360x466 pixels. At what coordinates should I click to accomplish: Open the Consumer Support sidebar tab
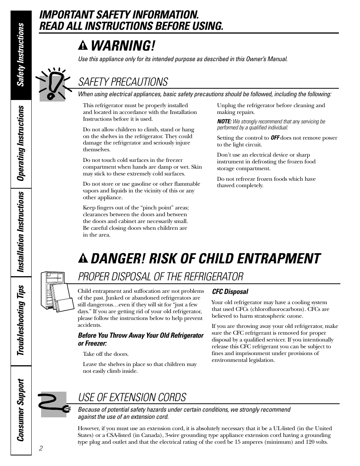click(x=21, y=410)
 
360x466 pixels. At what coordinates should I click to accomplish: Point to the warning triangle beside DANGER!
click(x=83, y=258)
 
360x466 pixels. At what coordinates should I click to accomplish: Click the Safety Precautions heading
click(x=123, y=82)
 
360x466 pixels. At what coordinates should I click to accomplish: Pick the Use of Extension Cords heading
click(x=132, y=397)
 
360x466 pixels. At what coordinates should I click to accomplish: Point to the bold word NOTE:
click(x=224, y=121)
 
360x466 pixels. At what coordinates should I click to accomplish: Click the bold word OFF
click(x=275, y=138)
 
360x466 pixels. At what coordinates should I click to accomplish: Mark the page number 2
click(x=41, y=448)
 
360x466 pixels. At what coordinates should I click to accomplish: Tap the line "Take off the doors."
click(x=106, y=354)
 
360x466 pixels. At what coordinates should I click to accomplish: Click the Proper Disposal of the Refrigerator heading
click(x=160, y=277)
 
